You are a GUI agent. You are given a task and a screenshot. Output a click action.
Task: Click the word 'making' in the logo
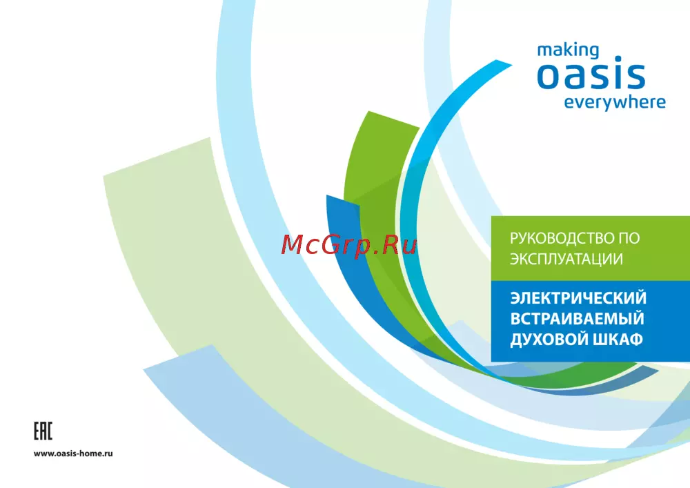tap(568, 50)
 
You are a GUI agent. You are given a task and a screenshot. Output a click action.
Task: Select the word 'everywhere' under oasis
tap(615, 103)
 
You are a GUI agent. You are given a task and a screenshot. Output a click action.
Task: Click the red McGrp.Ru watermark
tap(348, 245)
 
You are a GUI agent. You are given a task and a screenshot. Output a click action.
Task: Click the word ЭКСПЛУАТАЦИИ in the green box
tap(566, 259)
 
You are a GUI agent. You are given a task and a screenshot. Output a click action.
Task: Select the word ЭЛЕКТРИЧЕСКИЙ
tap(578, 298)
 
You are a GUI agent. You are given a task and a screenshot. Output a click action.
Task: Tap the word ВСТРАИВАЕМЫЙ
tap(577, 319)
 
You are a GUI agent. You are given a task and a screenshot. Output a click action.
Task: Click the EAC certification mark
tap(43, 431)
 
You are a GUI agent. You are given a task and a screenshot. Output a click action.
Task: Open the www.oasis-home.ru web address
tap(73, 453)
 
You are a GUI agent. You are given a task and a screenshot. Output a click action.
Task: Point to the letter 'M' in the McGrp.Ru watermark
tap(291, 245)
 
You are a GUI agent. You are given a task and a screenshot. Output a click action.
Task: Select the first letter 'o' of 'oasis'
tap(550, 76)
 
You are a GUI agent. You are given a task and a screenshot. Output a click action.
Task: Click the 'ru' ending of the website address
tap(108, 453)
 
